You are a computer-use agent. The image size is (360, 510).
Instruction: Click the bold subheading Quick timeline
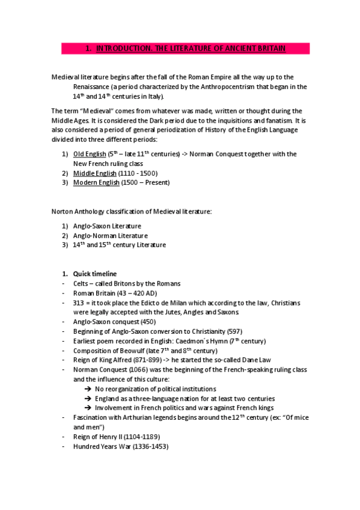(95, 274)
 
